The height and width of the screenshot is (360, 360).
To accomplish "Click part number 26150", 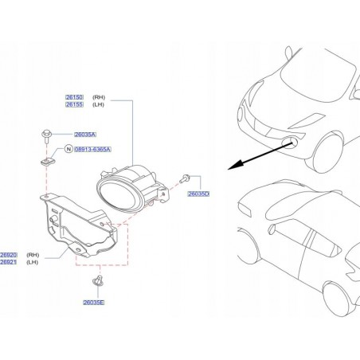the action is (74, 97).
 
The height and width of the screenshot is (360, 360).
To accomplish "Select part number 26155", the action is (74, 104).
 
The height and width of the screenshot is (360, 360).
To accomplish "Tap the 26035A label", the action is (85, 135).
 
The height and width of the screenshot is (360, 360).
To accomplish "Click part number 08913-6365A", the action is (92, 149).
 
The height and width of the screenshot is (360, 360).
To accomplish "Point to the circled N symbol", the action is (68, 149).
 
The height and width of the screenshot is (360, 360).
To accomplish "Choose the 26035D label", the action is (198, 194).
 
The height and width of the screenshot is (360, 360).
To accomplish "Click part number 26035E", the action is (94, 303).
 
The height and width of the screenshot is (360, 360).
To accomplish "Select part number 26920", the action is (9, 255).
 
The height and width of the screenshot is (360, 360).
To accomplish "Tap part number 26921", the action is (9, 262).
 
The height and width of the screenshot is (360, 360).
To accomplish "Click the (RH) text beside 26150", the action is (99, 97).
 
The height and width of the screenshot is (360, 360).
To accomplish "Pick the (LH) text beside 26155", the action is (98, 104).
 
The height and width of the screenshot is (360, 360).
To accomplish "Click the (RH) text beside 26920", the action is (33, 255).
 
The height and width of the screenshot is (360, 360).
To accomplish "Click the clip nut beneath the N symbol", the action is (48, 161).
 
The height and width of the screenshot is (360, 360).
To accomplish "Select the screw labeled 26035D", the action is (184, 178).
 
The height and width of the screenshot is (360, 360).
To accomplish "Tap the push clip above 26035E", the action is (98, 280).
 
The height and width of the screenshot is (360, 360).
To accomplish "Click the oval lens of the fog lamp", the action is (118, 195).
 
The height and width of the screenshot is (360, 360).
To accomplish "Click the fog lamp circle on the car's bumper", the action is (290, 143).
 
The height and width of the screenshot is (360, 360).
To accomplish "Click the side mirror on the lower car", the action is (272, 229).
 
